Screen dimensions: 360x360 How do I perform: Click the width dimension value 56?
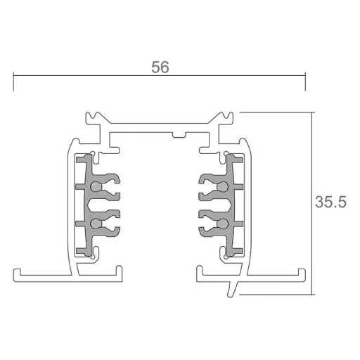tap(160, 67)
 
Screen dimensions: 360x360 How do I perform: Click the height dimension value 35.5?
tap(330, 202)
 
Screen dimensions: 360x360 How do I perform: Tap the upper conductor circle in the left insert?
tap(96, 186)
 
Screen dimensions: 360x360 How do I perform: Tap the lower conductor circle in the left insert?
tap(96, 224)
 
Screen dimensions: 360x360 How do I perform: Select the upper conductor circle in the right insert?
tap(222, 186)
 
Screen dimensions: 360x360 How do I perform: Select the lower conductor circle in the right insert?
tap(222, 224)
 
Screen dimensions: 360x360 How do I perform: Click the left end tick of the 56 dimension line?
tap(13, 82)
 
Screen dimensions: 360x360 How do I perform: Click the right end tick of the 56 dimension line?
tap(305, 82)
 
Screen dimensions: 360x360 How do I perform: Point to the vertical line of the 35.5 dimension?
tap(311, 203)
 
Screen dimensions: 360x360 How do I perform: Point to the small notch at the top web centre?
tap(179, 135)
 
